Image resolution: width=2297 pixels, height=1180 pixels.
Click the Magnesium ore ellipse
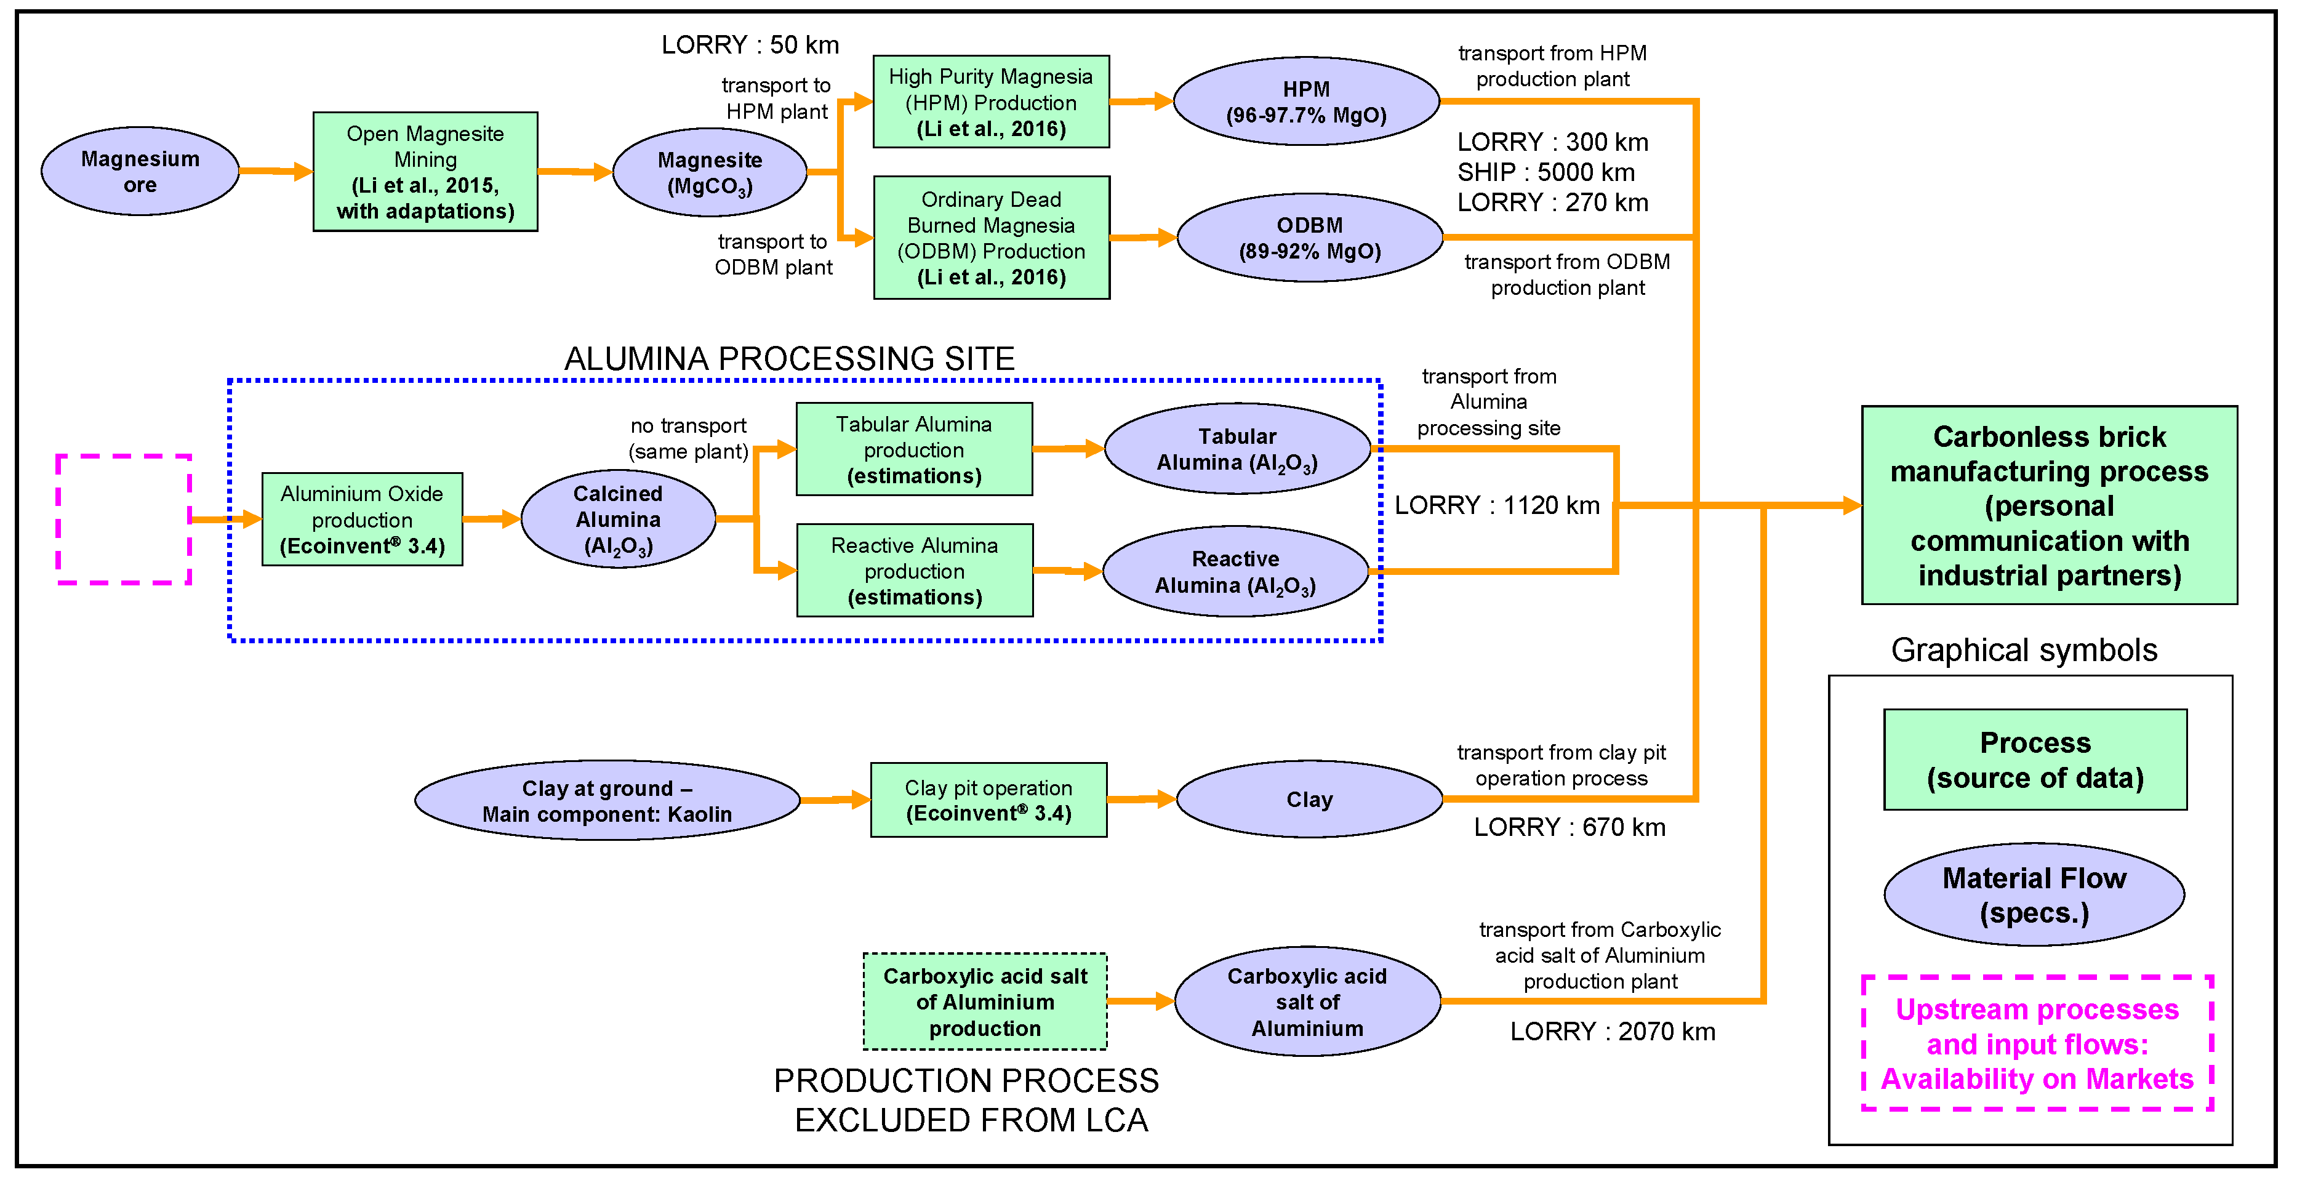[140, 171]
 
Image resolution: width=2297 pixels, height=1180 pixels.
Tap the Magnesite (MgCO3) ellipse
[710, 172]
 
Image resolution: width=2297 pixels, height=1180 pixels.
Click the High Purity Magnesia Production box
[991, 102]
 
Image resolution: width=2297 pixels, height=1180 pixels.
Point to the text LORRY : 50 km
[750, 44]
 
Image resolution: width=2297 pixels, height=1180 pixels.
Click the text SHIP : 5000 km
[1545, 172]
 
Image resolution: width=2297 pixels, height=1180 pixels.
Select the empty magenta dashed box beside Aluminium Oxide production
[124, 519]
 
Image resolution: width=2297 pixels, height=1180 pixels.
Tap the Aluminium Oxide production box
[362, 519]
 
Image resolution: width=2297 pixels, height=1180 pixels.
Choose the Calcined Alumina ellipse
[618, 519]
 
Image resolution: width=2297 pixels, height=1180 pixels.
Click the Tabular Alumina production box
[914, 449]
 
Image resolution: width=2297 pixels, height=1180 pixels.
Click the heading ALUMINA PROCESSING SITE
[789, 358]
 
